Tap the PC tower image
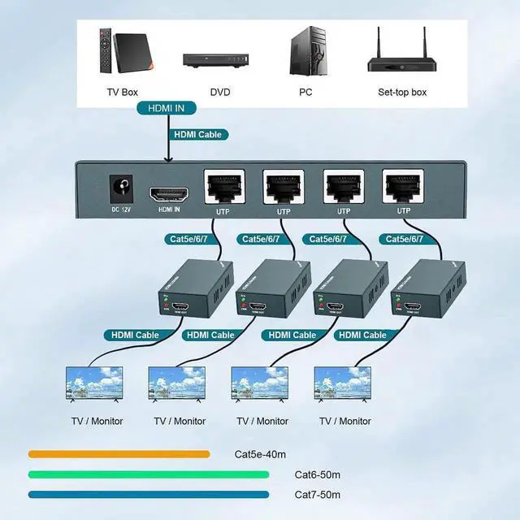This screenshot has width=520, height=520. pos(306,52)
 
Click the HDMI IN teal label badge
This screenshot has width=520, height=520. pos(167,108)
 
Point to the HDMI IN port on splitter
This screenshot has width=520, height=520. pos(169,195)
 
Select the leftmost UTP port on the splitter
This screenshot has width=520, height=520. pos(222,189)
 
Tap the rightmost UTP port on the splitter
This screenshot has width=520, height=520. pos(403,188)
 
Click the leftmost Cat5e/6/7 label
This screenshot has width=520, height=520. pos(190,239)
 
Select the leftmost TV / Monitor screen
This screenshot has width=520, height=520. pos(94,384)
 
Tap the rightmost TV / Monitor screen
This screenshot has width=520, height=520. pos(343,384)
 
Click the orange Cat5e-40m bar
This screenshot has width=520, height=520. pos(119,454)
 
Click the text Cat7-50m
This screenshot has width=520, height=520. pos(317,494)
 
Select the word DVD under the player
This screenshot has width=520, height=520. pos(219,93)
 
